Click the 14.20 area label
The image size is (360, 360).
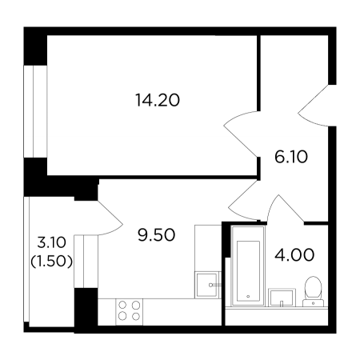click(158, 100)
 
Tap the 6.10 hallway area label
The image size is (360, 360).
click(291, 157)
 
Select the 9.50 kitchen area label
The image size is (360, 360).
click(157, 235)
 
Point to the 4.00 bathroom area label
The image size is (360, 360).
click(294, 254)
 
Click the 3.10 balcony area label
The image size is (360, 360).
click(51, 242)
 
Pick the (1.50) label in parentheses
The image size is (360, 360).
click(51, 262)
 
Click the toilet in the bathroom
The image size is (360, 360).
click(313, 291)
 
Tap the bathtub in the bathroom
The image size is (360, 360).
click(248, 266)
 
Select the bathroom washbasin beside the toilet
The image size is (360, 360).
click(282, 298)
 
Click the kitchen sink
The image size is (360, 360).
click(206, 285)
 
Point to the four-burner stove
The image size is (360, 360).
click(129, 312)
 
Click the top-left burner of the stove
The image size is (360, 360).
click(122, 305)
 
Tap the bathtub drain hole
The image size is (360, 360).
click(248, 296)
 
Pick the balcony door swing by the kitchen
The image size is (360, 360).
click(110, 218)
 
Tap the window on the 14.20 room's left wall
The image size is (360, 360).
click(35, 111)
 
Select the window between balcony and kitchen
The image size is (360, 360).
click(86, 262)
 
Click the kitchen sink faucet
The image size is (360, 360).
click(215, 285)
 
